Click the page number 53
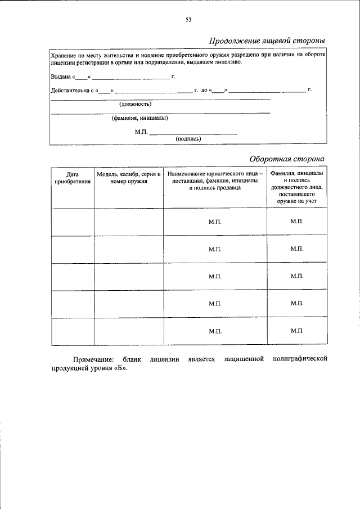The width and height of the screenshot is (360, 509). point(188,20)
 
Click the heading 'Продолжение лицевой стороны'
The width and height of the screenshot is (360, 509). point(267,41)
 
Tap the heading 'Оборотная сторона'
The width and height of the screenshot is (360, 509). point(287,159)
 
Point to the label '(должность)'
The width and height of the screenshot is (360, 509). point(135,104)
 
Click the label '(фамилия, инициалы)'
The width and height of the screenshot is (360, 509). point(139,118)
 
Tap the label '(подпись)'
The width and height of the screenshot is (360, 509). point(188,138)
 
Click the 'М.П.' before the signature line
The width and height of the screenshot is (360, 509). point(141,132)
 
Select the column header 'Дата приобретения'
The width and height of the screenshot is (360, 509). point(73,178)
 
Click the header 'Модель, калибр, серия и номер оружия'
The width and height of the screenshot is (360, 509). point(129,178)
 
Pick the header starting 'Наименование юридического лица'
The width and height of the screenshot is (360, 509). point(215,181)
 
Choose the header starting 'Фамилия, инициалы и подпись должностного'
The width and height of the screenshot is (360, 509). point(296,187)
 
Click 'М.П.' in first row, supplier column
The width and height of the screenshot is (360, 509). point(215,222)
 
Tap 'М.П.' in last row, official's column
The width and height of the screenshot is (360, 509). point(296,331)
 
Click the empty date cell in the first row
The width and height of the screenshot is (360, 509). point(73,222)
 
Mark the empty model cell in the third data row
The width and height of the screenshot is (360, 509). point(129,277)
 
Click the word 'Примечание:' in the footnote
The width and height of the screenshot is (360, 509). point(93,359)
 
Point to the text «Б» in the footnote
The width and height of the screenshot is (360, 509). point(122,368)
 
